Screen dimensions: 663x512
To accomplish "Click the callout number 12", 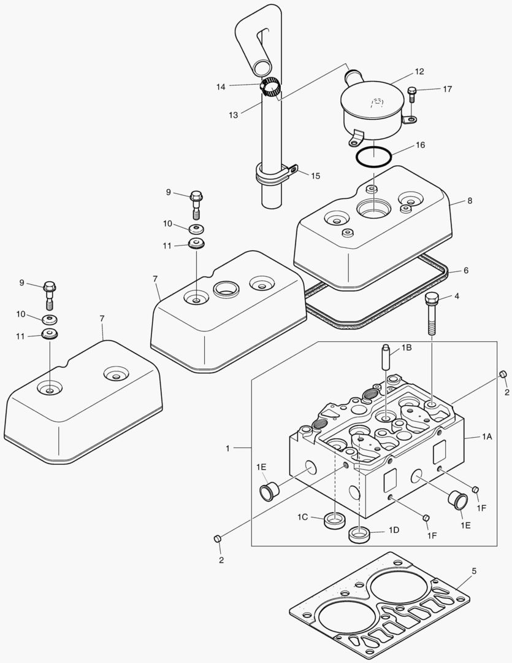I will tap(419, 72).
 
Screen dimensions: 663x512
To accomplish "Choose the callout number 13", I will tap(233, 115).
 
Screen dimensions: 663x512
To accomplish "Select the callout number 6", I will tap(465, 270).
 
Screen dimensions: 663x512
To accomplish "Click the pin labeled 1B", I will tap(385, 358).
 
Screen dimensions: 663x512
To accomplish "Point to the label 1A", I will tap(486, 436).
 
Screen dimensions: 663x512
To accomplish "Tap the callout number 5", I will tap(473, 570).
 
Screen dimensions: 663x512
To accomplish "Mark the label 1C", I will tap(302, 518).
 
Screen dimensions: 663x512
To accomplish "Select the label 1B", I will tap(406, 347).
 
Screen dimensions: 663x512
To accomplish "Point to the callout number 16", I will tap(419, 145).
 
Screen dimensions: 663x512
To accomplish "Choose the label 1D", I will tap(393, 530).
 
